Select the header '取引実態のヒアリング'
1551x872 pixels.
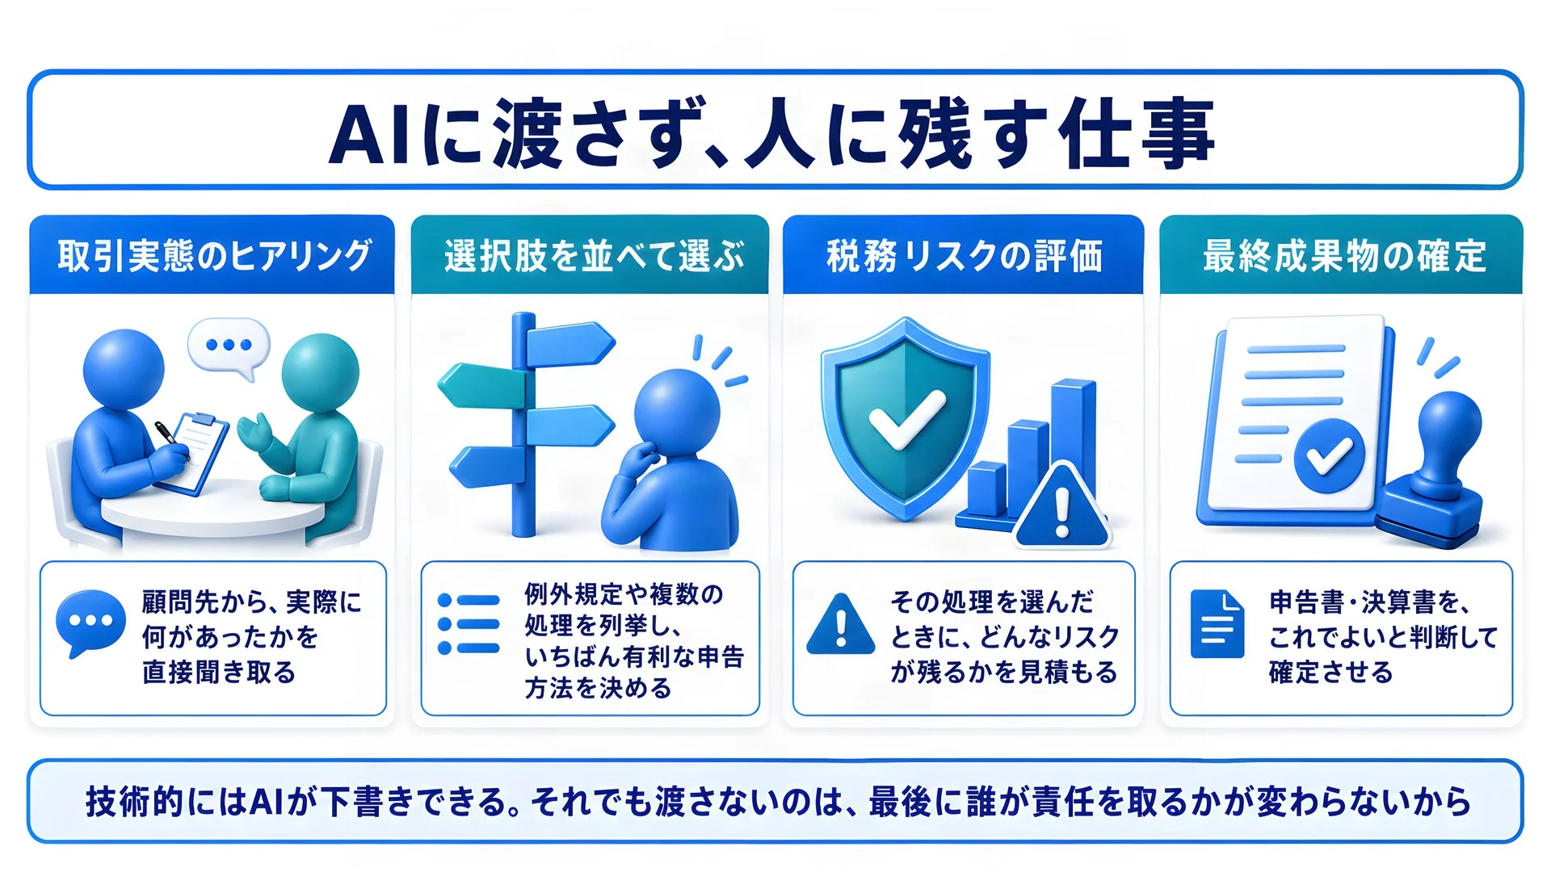click(214, 256)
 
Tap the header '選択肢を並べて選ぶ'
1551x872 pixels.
click(594, 256)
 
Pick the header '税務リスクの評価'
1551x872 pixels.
click(964, 256)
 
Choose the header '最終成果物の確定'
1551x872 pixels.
click(1344, 256)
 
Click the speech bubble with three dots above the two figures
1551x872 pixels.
click(229, 347)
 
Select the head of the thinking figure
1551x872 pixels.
click(677, 411)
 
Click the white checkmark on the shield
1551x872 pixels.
click(906, 418)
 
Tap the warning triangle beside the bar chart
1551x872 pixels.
click(1061, 506)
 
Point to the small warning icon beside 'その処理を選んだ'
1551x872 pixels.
click(841, 624)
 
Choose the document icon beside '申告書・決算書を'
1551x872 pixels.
click(1217, 624)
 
